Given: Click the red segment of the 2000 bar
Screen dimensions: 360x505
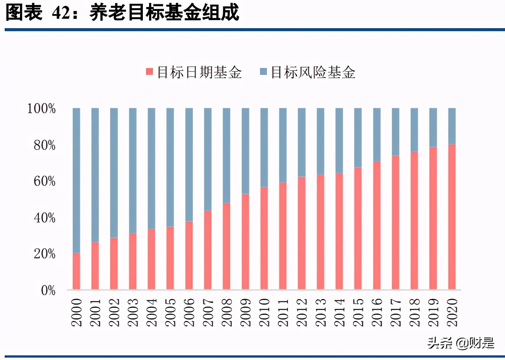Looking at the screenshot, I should [76, 271].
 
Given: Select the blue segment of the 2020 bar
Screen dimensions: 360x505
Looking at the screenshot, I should [452, 126].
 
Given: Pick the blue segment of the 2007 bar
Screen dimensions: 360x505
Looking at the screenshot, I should [208, 159].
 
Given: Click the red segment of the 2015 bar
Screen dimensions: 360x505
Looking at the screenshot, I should [358, 228].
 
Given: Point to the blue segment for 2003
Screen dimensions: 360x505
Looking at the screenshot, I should [133, 171].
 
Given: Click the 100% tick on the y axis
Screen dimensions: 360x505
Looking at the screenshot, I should [42, 109].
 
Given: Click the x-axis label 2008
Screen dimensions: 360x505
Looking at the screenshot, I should [227, 312].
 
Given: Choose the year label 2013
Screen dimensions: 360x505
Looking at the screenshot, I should [320, 312].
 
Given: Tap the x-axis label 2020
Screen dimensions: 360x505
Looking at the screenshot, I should [452, 312].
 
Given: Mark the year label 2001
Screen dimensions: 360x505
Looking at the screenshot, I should [95, 312].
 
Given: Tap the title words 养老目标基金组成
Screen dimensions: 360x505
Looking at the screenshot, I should [164, 14].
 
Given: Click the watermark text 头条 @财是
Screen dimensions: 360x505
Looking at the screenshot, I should [461, 343].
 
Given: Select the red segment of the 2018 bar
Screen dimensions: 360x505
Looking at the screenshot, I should [414, 221].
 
